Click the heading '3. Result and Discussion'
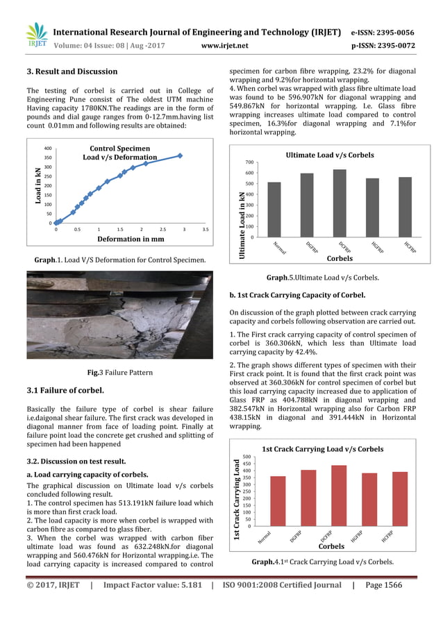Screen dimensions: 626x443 [x=72, y=71]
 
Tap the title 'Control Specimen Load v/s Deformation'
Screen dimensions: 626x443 [x=120, y=153]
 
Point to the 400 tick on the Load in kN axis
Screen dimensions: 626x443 [x=48, y=149]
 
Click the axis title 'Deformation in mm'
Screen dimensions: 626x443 [x=130, y=239]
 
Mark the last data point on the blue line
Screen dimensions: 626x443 [x=180, y=155]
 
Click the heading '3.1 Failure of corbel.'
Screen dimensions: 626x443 [x=65, y=390]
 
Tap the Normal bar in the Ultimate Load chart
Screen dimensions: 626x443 [x=274, y=210]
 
